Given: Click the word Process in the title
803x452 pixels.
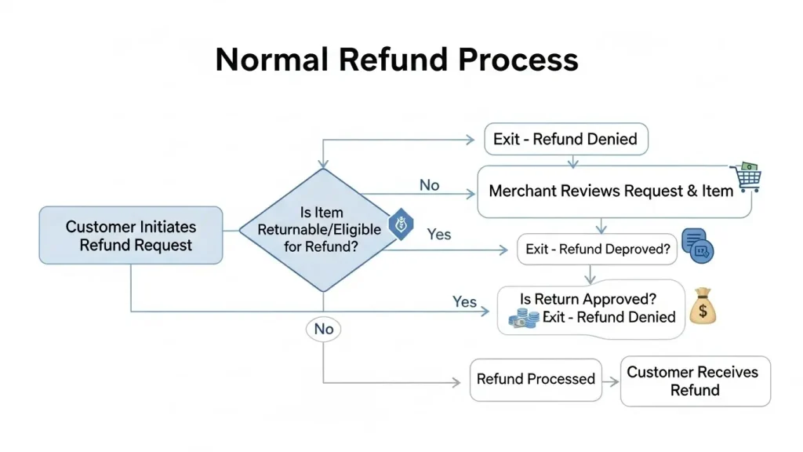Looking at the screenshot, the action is tap(518, 60).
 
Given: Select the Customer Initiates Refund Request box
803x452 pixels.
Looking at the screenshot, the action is tap(131, 235).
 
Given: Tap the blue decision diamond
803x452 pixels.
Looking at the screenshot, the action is tap(323, 230).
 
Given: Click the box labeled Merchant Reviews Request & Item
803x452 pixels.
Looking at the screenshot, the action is tap(614, 191).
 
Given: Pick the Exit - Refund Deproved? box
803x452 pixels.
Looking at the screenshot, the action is tap(597, 249).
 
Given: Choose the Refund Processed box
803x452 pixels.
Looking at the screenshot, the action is tap(536, 379).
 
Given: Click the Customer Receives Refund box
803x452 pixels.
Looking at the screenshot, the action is tap(695, 381).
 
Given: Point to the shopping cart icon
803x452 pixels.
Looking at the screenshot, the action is tap(747, 177).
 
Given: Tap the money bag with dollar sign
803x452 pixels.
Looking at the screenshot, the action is tap(703, 306).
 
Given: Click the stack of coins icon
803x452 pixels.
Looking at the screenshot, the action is tap(524, 318).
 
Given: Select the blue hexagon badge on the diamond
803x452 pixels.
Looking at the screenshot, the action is tap(401, 224).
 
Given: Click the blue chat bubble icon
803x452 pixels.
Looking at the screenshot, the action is tap(697, 246).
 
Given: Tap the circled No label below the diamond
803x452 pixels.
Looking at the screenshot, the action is tap(324, 329).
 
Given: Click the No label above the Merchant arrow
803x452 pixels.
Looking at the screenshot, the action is tap(429, 185).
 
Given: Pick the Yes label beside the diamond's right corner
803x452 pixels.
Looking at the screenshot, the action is tap(439, 234).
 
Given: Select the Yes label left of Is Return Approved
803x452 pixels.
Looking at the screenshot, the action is tap(464, 302).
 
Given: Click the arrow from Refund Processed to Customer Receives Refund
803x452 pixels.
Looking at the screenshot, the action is tap(610, 382).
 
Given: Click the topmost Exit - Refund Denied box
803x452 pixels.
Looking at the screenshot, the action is tap(566, 139).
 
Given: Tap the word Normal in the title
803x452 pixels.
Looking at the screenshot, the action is tap(272, 60).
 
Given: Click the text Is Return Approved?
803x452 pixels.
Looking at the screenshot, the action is tap(588, 299).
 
